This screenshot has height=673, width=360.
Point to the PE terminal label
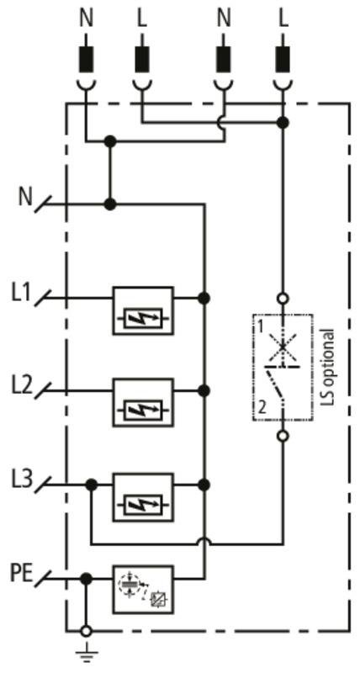pyautogui.click(x=21, y=574)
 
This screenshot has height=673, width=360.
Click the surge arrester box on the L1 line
pyautogui.click(x=143, y=310)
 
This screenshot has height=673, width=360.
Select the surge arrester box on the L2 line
pyautogui.click(x=143, y=403)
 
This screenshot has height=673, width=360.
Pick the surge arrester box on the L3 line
pyautogui.click(x=143, y=497)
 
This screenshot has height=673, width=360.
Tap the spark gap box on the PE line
pyautogui.click(x=143, y=590)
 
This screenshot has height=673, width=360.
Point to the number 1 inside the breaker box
pyautogui.click(x=260, y=328)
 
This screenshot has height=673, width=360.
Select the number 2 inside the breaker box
pyautogui.click(x=262, y=406)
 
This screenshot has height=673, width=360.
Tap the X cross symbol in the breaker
pyautogui.click(x=283, y=346)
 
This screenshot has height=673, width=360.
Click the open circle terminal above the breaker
pyautogui.click(x=283, y=298)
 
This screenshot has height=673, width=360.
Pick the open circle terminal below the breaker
pyautogui.click(x=283, y=437)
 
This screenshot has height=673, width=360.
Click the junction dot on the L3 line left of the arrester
pyautogui.click(x=91, y=485)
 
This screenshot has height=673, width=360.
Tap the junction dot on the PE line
pyautogui.click(x=87, y=579)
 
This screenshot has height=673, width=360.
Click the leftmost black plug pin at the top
pyautogui.click(x=86, y=58)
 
